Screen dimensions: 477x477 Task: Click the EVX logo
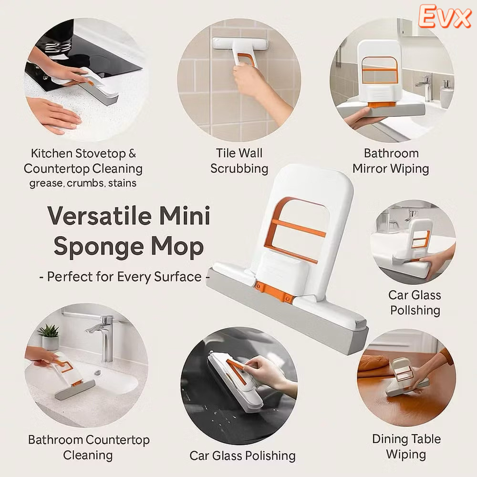tap(445, 17)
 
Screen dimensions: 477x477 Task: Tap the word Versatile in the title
tap(100, 216)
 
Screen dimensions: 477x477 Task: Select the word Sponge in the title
tap(99, 247)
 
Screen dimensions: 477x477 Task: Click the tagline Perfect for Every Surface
tap(124, 277)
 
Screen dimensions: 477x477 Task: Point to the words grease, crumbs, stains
tap(83, 183)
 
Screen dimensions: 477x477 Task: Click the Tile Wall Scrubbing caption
tap(239, 161)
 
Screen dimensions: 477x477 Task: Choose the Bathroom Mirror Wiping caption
tap(391, 161)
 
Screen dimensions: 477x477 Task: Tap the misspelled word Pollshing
tap(415, 311)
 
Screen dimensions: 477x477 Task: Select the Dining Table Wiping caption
tap(406, 446)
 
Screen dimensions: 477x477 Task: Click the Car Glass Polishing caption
tap(242, 456)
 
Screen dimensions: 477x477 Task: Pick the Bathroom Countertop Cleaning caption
tap(89, 447)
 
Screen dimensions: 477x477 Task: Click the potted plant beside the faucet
tap(49, 337)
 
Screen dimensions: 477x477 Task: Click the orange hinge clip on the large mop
tap(273, 292)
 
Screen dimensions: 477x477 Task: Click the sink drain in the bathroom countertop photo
tap(98, 373)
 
